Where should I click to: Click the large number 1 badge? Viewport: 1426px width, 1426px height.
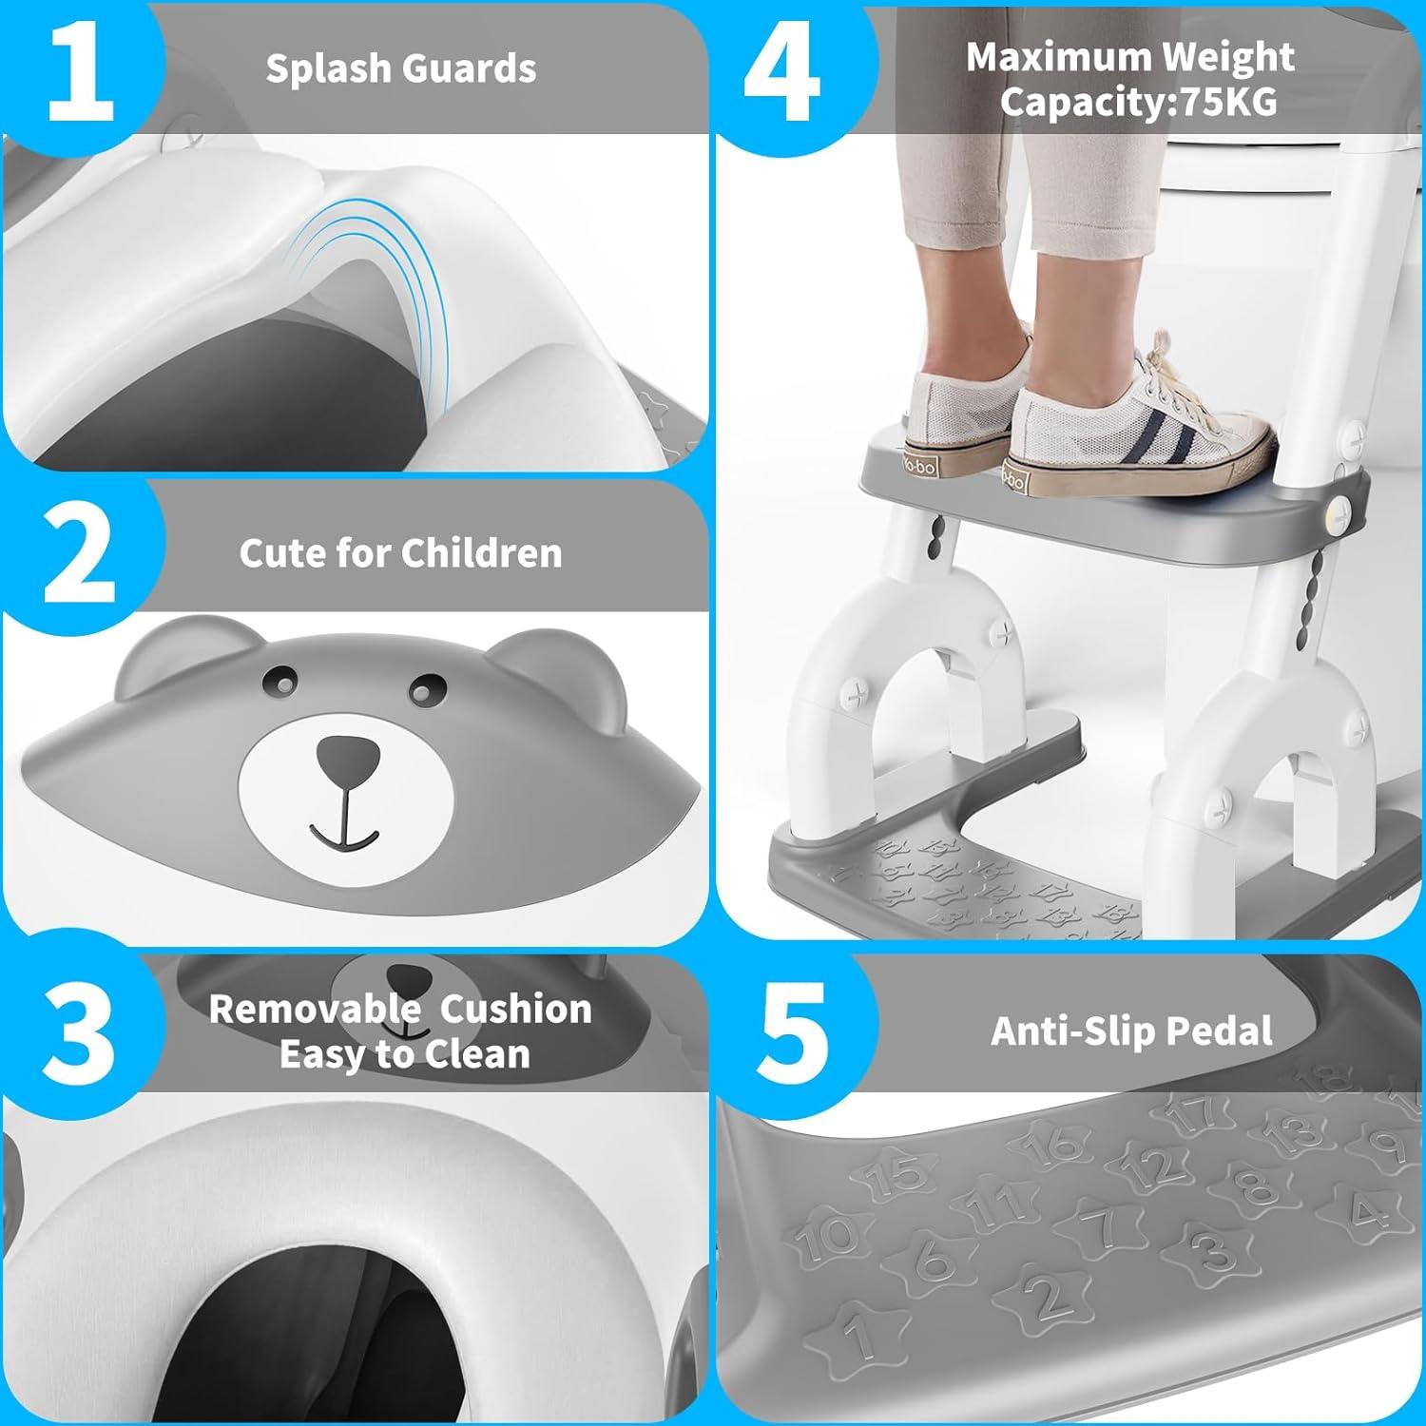tap(80, 72)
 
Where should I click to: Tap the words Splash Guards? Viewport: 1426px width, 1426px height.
tap(400, 68)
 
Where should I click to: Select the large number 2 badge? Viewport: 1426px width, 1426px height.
tap(80, 555)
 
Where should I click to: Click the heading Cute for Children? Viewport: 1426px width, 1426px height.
tap(400, 553)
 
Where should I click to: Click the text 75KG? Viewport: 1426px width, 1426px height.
tap(1229, 102)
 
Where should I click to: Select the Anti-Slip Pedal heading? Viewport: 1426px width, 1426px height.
tap(1131, 1031)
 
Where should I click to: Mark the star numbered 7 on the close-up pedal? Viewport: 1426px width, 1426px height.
tap(1103, 1226)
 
